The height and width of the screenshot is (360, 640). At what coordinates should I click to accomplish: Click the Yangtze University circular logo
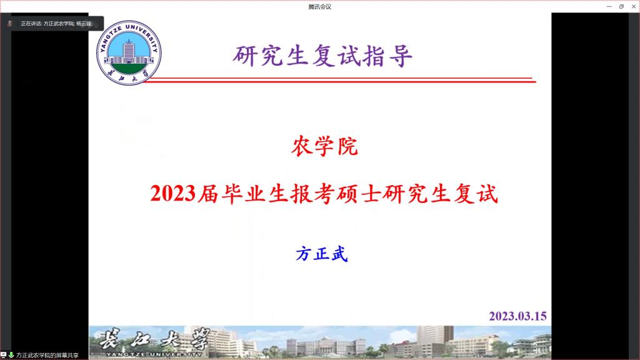(129, 52)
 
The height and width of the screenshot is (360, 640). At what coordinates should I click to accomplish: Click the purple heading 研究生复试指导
(323, 56)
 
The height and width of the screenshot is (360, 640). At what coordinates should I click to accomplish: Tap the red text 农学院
(324, 146)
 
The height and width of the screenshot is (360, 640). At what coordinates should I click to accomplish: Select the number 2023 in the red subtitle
(173, 194)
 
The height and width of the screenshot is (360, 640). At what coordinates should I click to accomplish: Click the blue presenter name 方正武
(322, 254)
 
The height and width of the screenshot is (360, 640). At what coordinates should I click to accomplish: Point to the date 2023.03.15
(517, 316)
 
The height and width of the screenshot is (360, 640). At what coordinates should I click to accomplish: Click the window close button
(634, 6)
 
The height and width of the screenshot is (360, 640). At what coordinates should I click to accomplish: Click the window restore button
(621, 6)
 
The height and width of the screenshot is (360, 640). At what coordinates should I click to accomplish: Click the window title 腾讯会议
(320, 7)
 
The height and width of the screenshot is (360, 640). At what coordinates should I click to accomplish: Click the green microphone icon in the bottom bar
(11, 355)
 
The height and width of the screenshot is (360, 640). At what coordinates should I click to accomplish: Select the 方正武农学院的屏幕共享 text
(47, 356)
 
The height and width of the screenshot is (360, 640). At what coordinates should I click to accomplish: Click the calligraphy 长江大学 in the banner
(155, 338)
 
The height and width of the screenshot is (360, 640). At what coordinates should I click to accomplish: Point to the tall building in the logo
(129, 51)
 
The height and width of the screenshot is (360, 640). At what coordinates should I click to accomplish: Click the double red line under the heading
(339, 80)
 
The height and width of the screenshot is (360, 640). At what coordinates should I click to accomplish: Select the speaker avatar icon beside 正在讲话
(10, 24)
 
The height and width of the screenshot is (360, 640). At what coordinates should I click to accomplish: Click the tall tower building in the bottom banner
(435, 339)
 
